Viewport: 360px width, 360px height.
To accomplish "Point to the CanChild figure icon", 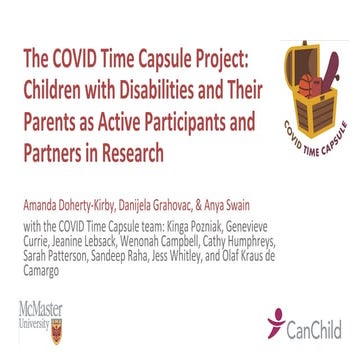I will (277, 320).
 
